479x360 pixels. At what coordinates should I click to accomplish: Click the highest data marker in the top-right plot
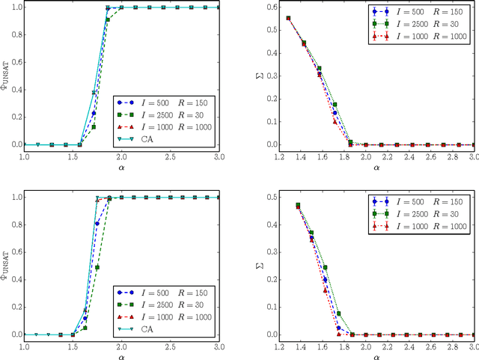(x=289, y=18)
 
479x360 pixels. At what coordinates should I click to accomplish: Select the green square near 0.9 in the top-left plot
(x=108, y=19)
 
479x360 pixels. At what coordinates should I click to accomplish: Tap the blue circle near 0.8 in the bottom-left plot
(x=97, y=223)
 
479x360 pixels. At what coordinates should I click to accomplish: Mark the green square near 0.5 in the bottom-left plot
(x=97, y=266)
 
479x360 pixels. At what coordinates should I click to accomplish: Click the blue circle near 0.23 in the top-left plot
(x=94, y=113)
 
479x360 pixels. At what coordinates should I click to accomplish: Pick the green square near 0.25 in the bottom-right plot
(x=325, y=267)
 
